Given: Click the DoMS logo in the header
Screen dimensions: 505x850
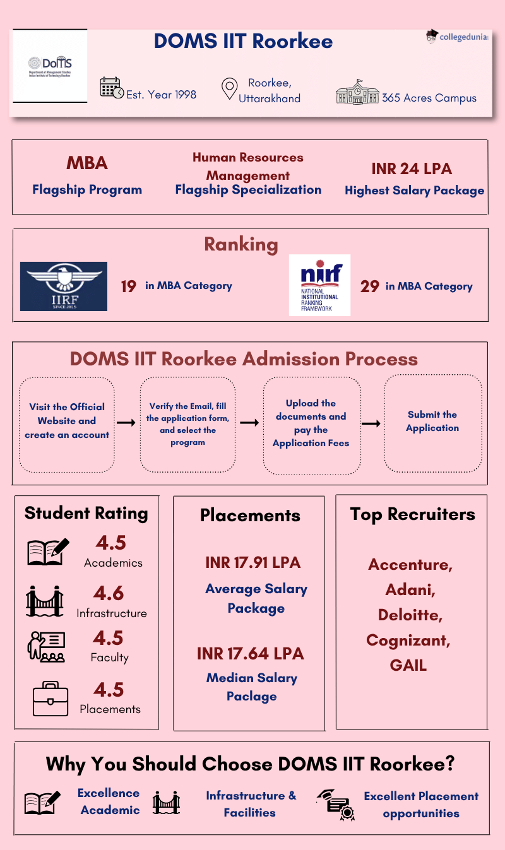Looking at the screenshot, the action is click(x=50, y=66).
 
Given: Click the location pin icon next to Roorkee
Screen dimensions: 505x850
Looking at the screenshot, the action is click(x=229, y=90).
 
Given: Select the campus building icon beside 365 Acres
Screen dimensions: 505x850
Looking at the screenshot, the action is click(x=357, y=92).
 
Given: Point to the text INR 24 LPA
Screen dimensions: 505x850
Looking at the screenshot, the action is click(x=412, y=168).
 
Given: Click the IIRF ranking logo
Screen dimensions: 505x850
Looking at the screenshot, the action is click(x=64, y=286).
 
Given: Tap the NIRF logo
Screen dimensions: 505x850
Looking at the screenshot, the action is click(x=319, y=285).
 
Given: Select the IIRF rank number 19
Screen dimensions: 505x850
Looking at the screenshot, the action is click(x=128, y=286).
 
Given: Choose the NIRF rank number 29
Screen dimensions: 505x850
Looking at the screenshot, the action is click(x=369, y=286).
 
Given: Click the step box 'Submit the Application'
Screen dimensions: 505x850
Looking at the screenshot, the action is click(x=432, y=422).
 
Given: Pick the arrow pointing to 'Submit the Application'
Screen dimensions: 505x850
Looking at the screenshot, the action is click(x=371, y=423).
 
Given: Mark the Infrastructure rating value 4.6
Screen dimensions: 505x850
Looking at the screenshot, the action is click(x=109, y=593).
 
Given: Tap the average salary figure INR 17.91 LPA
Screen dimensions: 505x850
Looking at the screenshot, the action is click(x=252, y=562).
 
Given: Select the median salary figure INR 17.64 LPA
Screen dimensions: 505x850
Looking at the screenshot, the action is click(x=250, y=653).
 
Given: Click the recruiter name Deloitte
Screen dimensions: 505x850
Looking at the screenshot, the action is click(x=410, y=615).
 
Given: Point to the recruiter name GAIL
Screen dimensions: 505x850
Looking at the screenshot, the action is click(x=408, y=665).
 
